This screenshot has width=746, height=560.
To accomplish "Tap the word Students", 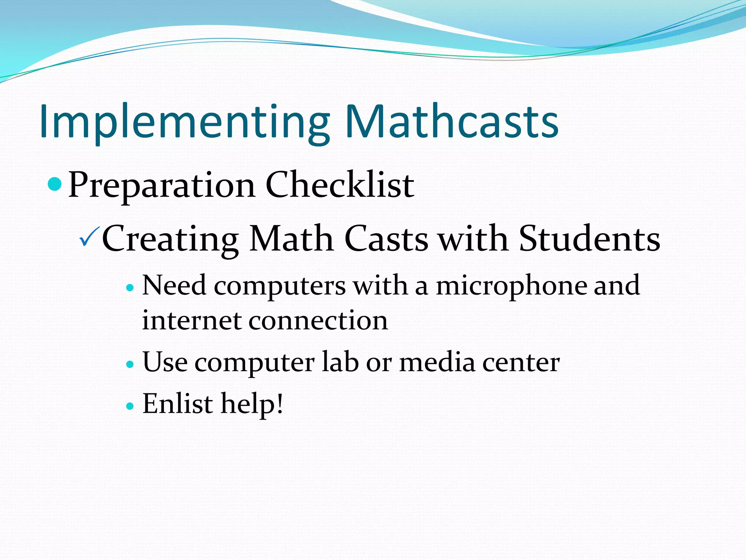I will [589, 238].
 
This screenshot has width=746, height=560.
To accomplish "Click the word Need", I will [174, 285].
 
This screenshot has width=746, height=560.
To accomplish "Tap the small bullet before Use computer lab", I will [130, 364].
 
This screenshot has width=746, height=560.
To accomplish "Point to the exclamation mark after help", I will [280, 403].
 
